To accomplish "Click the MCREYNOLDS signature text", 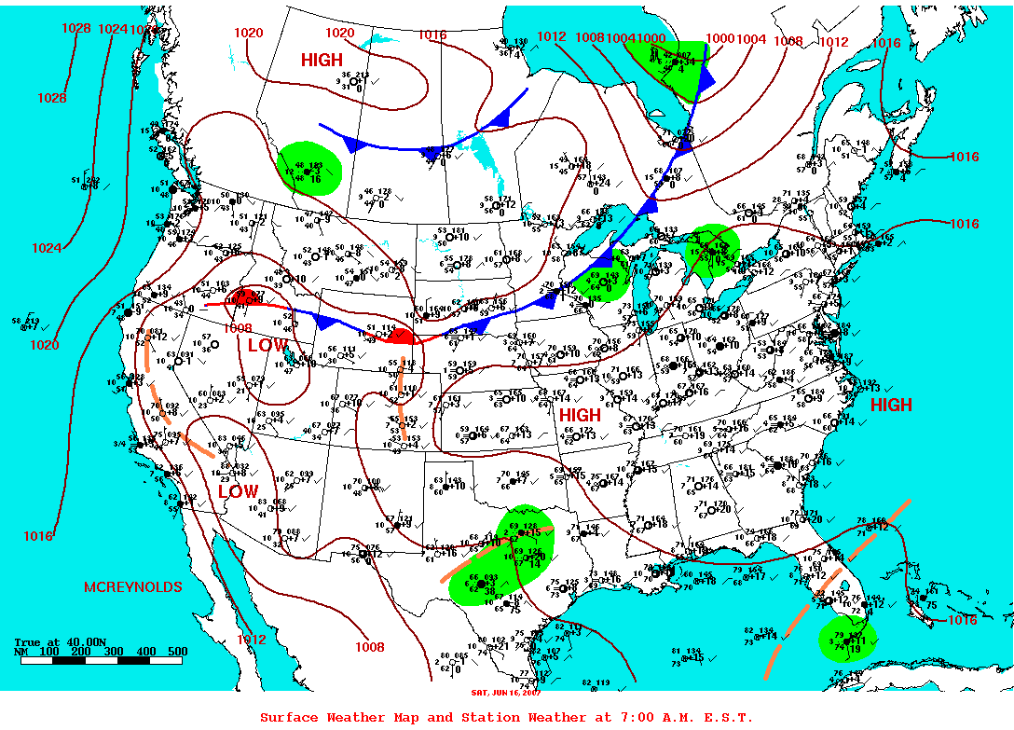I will (133, 587).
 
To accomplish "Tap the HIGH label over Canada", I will (322, 61).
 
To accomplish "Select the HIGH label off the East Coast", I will (891, 406).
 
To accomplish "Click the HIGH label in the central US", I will (580, 414).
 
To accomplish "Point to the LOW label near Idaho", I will (267, 345).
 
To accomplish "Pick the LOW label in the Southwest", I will (238, 491).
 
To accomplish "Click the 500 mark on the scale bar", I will (177, 652).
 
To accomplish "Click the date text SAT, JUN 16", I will (506, 692).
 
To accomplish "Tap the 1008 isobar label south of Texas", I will (369, 647).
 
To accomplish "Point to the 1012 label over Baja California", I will (251, 640).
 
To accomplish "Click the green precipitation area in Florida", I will (846, 640).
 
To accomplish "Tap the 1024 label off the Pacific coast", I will (47, 248).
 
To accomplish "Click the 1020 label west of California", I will (44, 345).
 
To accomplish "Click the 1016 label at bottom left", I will (38, 536).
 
